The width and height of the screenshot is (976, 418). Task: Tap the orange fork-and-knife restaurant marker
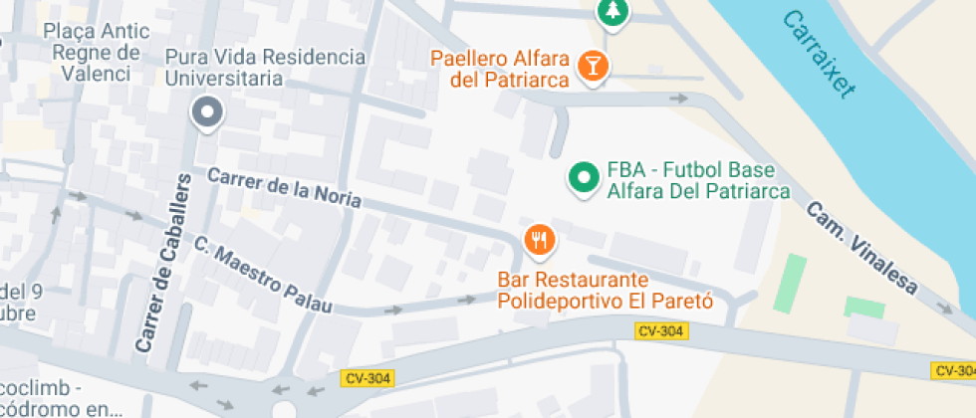(539, 240)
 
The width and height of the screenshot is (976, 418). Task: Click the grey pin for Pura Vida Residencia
(207, 113)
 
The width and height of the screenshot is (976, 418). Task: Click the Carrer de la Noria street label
(284, 188)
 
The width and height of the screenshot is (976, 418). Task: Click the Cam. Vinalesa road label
(862, 249)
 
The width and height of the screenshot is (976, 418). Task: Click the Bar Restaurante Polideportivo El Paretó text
(606, 290)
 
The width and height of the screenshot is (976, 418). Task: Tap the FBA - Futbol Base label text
(698, 180)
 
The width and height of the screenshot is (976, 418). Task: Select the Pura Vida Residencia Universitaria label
(265, 67)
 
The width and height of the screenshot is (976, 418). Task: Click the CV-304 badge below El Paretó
(660, 331)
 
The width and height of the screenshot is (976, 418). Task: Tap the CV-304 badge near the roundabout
(368, 378)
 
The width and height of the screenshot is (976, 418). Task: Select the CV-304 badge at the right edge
(953, 370)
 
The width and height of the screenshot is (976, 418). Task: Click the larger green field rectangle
(791, 282)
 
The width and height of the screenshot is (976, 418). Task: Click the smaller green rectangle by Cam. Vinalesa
(863, 308)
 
